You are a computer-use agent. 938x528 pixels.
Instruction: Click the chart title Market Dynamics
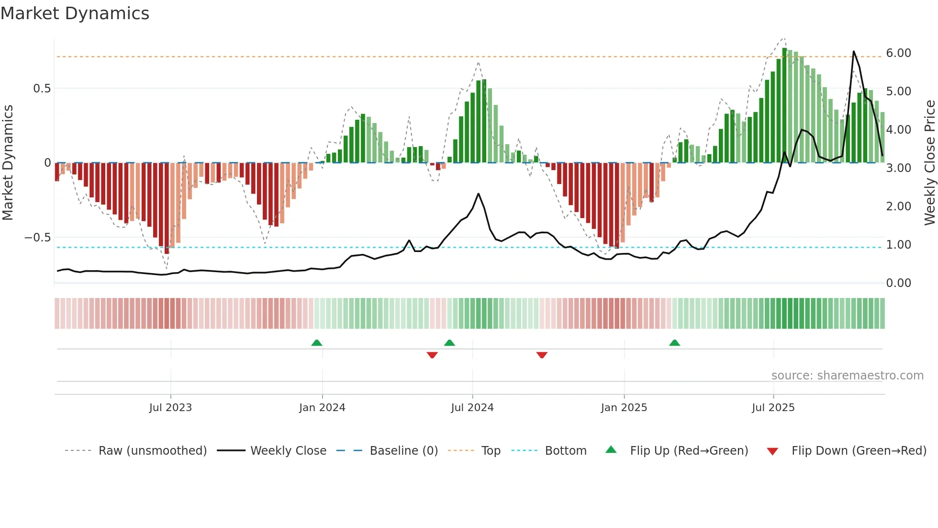coord(75,13)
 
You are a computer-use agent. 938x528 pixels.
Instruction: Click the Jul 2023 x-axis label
coord(170,408)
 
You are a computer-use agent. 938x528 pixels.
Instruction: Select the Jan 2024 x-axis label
coord(322,408)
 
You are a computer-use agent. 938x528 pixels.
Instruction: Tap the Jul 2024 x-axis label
coord(472,408)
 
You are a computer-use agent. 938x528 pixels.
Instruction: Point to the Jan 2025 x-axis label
coord(624,408)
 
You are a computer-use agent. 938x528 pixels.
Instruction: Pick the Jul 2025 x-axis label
coord(773,408)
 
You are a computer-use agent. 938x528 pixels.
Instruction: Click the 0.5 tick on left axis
coord(42,89)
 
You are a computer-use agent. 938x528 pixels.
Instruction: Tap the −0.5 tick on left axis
coord(38,238)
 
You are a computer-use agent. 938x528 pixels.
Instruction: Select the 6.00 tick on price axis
coord(898,53)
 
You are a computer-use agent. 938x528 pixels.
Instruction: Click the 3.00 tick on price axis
coord(898,168)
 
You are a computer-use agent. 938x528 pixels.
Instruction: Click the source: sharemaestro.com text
coord(847,376)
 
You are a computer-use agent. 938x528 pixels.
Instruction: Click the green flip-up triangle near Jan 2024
coord(317,343)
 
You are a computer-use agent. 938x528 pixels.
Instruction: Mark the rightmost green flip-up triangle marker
coord(675,343)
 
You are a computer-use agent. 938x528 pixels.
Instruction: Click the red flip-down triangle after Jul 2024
coord(542,355)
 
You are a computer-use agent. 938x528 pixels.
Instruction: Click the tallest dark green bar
coord(785,105)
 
